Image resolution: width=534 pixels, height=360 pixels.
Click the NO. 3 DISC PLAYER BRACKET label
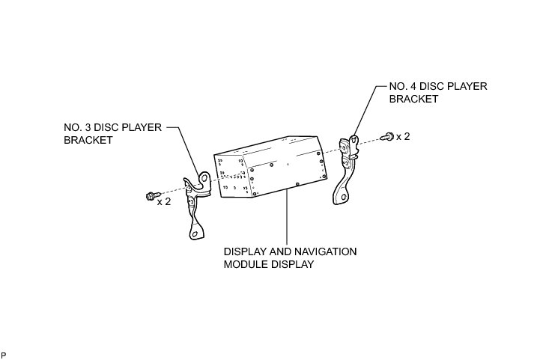click(x=112, y=133)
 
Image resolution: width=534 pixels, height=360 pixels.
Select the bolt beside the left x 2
click(x=150, y=197)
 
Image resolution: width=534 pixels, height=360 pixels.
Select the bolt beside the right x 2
click(x=388, y=136)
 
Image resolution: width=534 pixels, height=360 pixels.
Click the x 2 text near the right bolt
click(x=403, y=136)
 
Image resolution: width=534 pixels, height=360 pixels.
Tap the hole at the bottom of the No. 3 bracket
click(x=195, y=233)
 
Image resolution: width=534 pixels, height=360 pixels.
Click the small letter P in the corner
click(x=4, y=353)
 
